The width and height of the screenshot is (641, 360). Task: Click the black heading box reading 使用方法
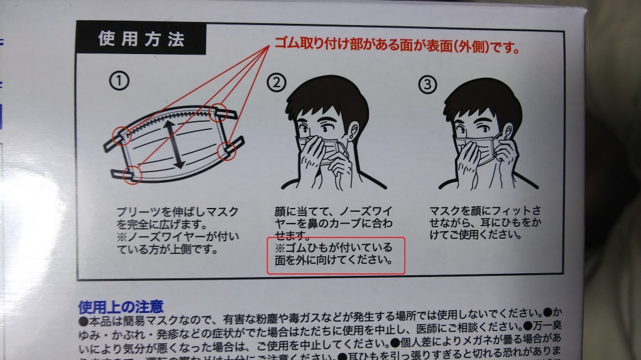[141, 40]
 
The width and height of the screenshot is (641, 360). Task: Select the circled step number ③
[428, 85]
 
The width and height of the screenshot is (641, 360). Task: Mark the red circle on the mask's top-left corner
[121, 136]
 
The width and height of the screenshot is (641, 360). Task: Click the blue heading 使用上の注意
[121, 307]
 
